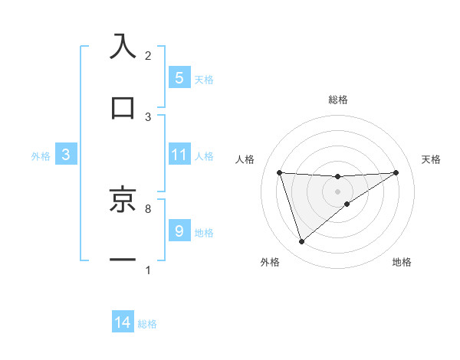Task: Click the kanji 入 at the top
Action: [x=123, y=47]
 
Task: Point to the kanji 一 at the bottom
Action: [x=123, y=260]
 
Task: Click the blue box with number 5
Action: [x=179, y=77]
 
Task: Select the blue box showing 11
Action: [x=179, y=155]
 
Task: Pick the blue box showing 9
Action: [x=179, y=231]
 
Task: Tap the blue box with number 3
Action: [x=66, y=155]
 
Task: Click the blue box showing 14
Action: [x=123, y=322]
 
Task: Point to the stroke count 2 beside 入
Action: [x=148, y=56]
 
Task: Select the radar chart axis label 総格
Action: [x=338, y=100]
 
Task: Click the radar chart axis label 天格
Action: [x=431, y=159]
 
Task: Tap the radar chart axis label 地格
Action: [x=402, y=263]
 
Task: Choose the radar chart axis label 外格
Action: [x=270, y=263]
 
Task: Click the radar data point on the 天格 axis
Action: [x=396, y=172]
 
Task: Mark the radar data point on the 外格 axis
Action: [x=301, y=242]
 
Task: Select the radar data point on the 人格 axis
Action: [x=280, y=172]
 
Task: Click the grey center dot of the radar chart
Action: [x=338, y=191]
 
